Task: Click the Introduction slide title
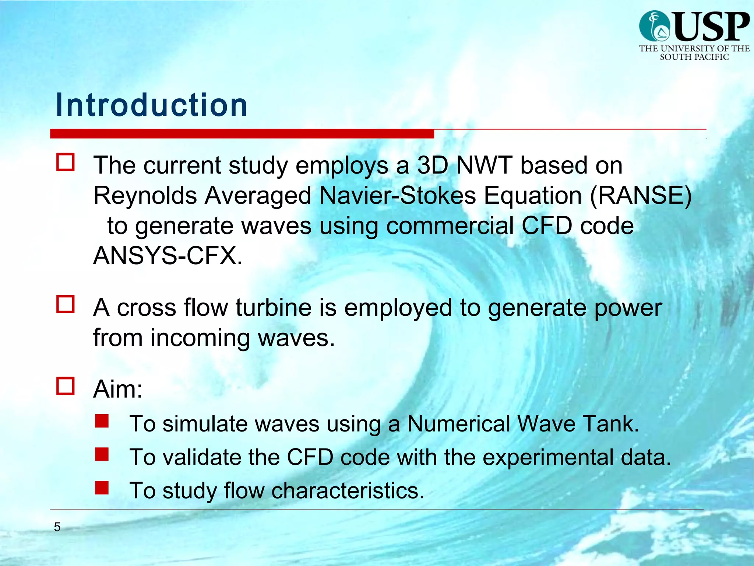151,105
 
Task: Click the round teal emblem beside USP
655,26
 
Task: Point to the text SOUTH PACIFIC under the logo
694,57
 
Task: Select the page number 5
57,527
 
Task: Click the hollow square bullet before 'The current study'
66,162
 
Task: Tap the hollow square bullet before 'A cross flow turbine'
66,304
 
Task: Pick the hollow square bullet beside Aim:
66,386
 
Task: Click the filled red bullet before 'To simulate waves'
102,421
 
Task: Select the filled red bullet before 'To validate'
102,454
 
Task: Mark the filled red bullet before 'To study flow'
102,488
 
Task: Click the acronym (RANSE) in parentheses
641,195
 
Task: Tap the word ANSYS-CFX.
168,256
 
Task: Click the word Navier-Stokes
398,195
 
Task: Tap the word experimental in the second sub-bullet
548,457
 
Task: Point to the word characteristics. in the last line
348,491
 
